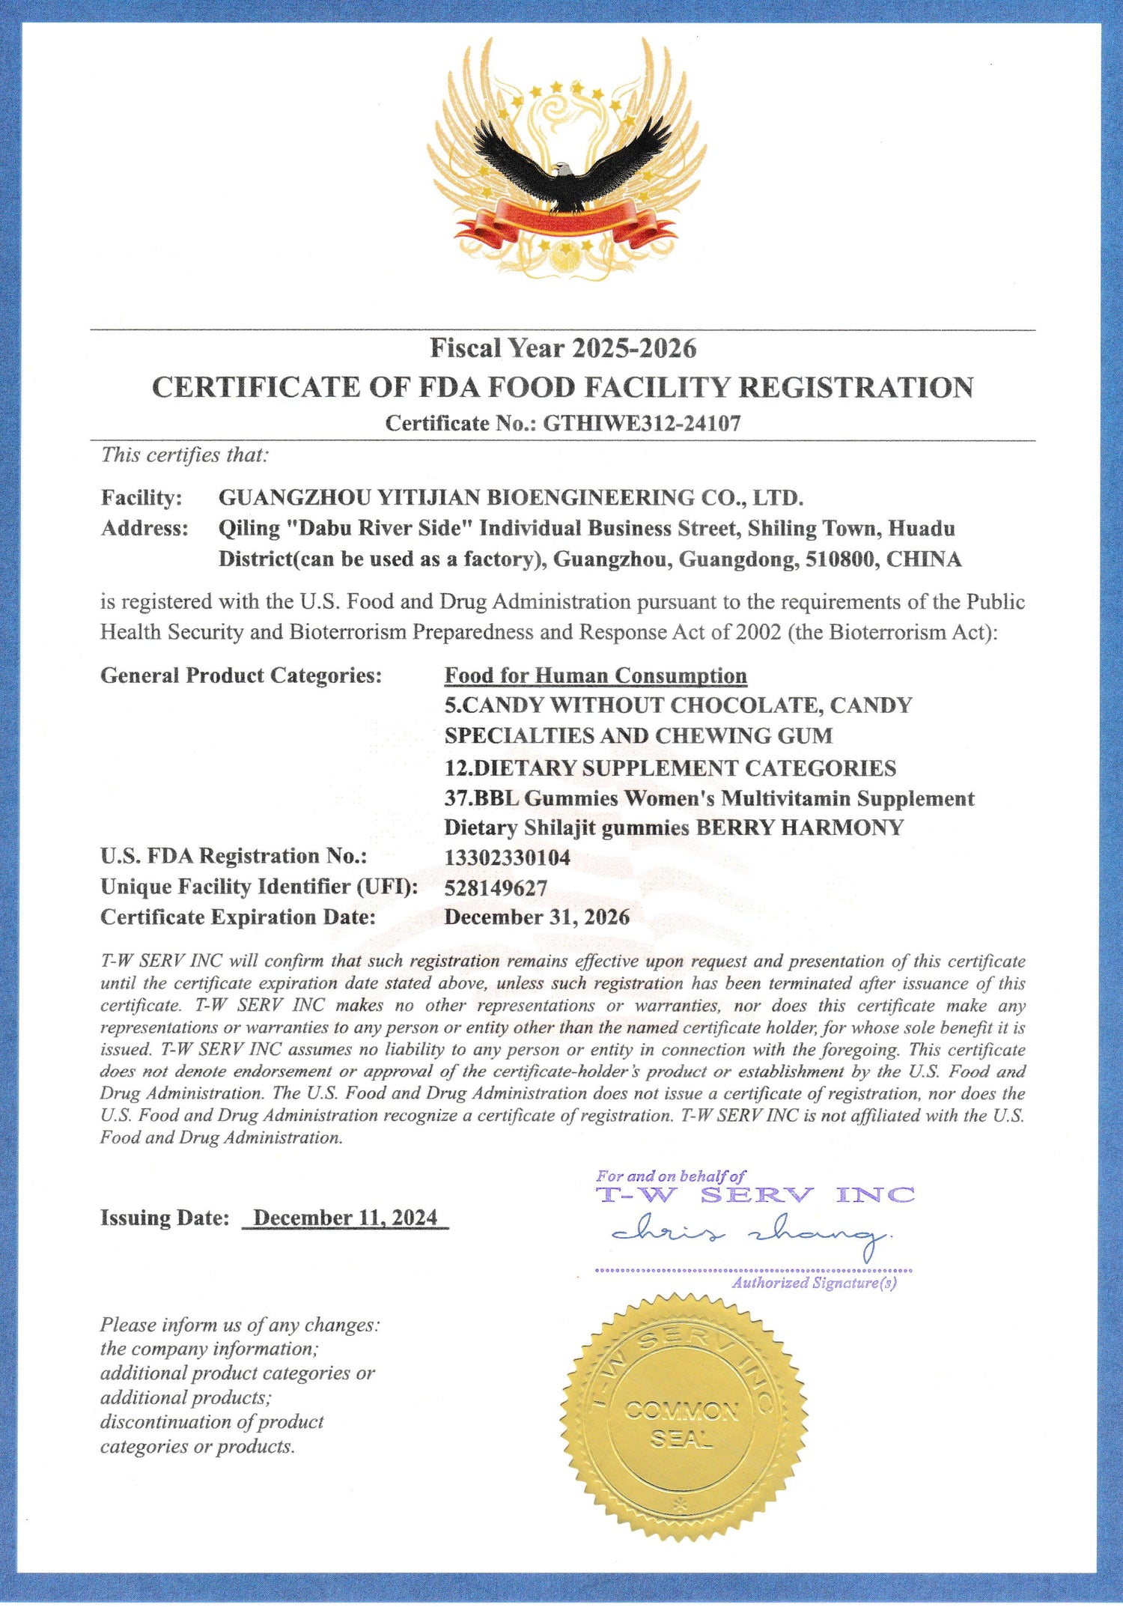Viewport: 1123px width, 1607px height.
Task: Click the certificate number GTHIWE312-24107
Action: (642, 424)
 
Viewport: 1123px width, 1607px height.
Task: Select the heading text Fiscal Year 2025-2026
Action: (563, 348)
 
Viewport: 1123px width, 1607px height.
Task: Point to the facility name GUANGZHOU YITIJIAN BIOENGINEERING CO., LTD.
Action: (511, 498)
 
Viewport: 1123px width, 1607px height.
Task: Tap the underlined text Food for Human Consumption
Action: (595, 675)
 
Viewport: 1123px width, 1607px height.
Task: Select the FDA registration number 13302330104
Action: (507, 857)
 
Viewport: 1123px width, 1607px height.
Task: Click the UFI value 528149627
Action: (496, 888)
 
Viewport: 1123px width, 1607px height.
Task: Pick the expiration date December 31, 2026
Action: (537, 917)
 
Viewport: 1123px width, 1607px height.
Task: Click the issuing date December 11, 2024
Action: (345, 1218)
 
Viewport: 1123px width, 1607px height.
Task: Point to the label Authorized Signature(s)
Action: (814, 1284)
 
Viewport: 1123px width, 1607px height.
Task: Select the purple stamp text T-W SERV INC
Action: (755, 1195)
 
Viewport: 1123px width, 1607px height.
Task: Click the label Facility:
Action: (141, 498)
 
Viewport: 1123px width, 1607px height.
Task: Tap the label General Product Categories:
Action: (241, 675)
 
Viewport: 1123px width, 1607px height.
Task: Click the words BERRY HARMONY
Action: (800, 827)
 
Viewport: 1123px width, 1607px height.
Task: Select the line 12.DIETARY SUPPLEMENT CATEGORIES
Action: (670, 768)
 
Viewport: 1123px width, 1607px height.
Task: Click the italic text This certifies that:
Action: (185, 455)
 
